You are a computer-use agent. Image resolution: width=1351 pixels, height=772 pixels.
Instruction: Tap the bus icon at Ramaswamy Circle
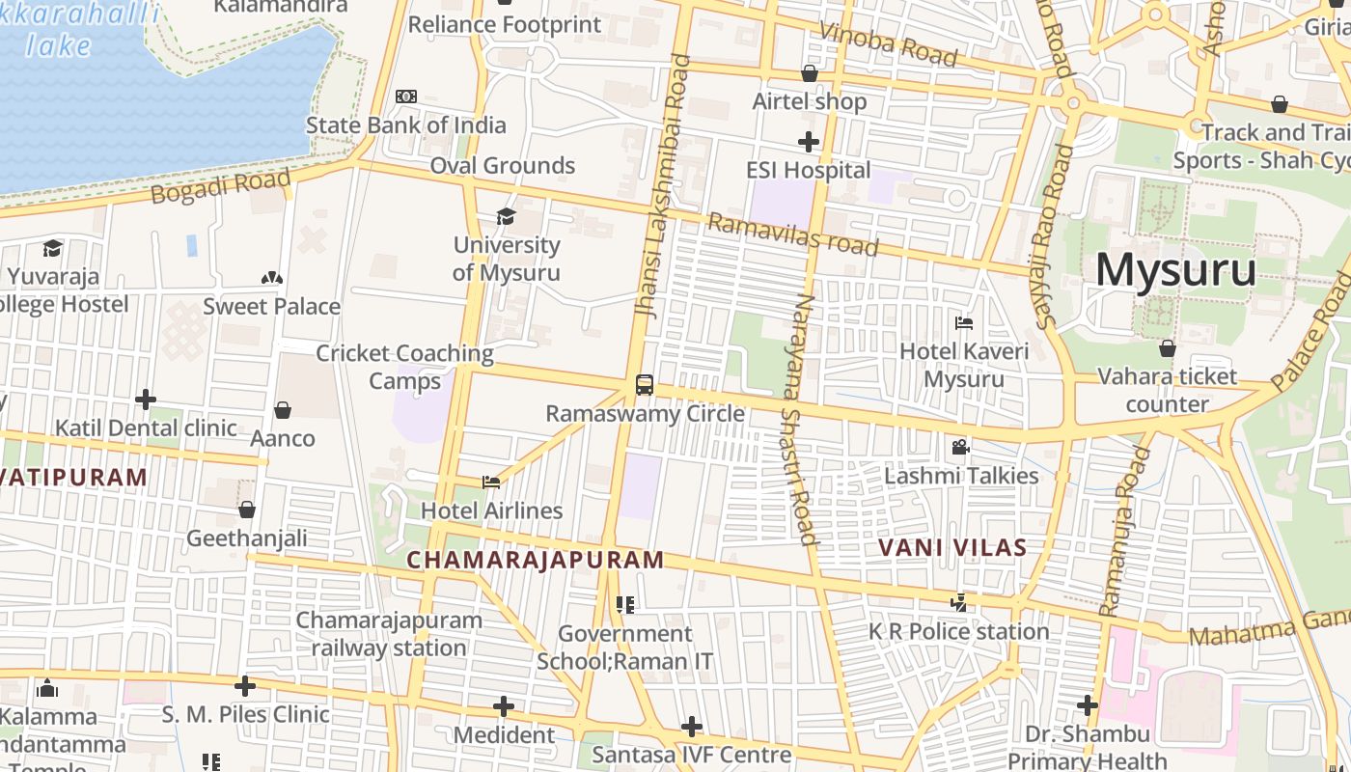[x=645, y=385]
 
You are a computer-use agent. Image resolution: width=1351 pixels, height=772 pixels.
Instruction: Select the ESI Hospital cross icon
[x=809, y=142]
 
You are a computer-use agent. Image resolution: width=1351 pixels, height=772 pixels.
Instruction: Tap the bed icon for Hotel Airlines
[x=491, y=482]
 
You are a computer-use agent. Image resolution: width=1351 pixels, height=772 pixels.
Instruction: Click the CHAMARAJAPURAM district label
[x=536, y=560]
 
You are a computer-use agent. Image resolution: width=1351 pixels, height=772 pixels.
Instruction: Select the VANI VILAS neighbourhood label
[x=952, y=548]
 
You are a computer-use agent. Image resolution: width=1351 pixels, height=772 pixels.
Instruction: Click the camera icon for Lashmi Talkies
[x=960, y=447]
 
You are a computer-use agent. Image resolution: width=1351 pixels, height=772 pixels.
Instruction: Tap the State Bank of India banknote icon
[x=406, y=96]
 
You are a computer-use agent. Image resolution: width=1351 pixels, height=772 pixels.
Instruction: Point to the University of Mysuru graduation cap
[x=506, y=216]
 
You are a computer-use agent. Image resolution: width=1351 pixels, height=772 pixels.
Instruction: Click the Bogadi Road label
[x=220, y=186]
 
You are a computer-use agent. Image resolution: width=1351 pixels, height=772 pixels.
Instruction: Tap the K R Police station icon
[x=958, y=603]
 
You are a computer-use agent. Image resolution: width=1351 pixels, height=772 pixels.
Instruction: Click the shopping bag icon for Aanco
[x=283, y=410]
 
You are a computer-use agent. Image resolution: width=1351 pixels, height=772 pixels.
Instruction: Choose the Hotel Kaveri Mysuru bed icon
[x=963, y=323]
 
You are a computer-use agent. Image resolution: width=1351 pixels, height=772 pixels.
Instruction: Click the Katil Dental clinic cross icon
[x=146, y=399]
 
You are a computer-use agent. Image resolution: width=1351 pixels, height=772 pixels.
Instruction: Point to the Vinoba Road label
[x=888, y=44]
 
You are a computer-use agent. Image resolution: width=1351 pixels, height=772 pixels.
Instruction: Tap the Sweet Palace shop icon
[x=271, y=278]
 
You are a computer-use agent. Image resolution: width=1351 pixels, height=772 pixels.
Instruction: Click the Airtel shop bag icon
[x=810, y=73]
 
